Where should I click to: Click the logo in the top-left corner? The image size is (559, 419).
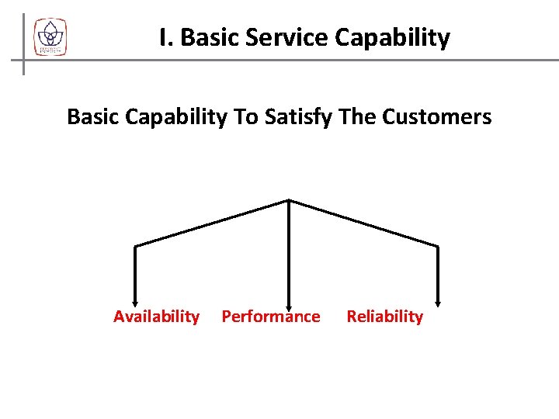pos(50,37)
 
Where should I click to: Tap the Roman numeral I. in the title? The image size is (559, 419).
pos(165,37)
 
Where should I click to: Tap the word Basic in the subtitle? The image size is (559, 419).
pos(92,117)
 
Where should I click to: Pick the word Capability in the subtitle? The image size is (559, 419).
pos(178,118)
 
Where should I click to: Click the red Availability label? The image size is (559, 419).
pos(156,317)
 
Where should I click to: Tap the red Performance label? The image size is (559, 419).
pos(271,317)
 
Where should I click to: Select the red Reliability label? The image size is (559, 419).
pos(384,317)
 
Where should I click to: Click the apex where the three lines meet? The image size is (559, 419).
pos(289,200)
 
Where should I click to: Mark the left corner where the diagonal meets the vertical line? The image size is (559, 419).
pos(136,247)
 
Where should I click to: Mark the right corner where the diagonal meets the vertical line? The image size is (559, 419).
pos(439,247)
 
